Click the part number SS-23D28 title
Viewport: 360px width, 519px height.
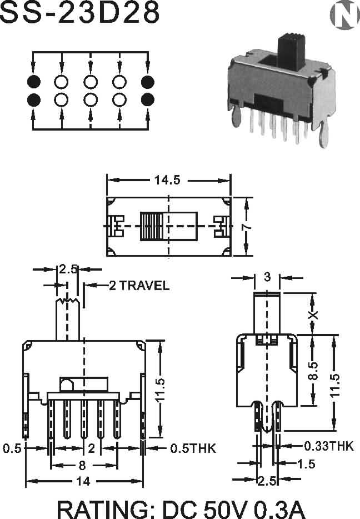(79, 13)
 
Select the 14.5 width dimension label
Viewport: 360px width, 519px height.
(167, 180)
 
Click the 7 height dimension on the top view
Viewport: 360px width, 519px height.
(247, 226)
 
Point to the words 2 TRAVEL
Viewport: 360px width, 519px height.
(139, 285)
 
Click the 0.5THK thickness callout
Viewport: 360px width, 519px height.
(193, 448)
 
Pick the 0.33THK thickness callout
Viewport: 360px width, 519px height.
(328, 446)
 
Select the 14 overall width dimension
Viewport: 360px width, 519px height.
(83, 481)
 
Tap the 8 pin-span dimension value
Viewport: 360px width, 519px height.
(82, 466)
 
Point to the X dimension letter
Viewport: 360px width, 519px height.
(313, 315)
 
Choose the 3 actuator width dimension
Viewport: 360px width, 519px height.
(267, 277)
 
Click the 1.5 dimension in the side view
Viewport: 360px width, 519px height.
(306, 464)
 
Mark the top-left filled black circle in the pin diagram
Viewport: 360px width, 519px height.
(33, 82)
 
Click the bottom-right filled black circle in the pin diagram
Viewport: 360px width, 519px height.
(148, 99)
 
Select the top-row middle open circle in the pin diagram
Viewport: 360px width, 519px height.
(91, 82)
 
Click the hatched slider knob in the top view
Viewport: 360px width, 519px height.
(152, 226)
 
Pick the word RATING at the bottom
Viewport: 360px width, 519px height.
(107, 510)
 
